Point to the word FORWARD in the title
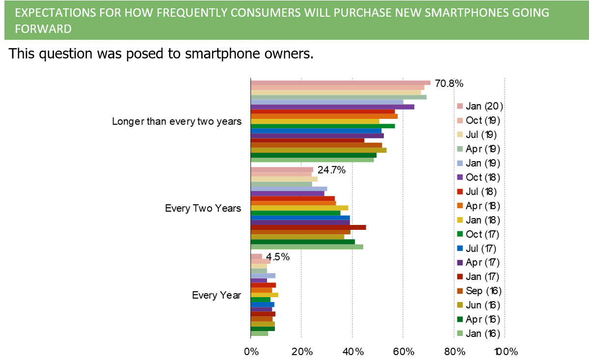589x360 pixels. click(x=43, y=29)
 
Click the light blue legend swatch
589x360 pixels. click(x=460, y=163)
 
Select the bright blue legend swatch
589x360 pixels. click(x=460, y=248)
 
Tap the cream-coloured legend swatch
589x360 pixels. click(x=460, y=135)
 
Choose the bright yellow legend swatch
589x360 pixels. click(x=460, y=220)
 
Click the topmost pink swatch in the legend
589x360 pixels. click(x=460, y=106)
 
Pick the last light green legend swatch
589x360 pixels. click(x=460, y=333)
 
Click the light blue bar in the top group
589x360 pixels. click(x=327, y=102)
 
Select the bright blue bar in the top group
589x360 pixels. click(x=316, y=131)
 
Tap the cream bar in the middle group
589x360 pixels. click(x=284, y=179)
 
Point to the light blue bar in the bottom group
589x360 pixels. click(x=263, y=276)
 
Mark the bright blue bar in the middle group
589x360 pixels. click(x=300, y=218)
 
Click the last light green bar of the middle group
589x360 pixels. click(x=307, y=247)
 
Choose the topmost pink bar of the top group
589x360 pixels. click(x=341, y=83)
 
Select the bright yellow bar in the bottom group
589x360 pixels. click(x=265, y=295)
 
